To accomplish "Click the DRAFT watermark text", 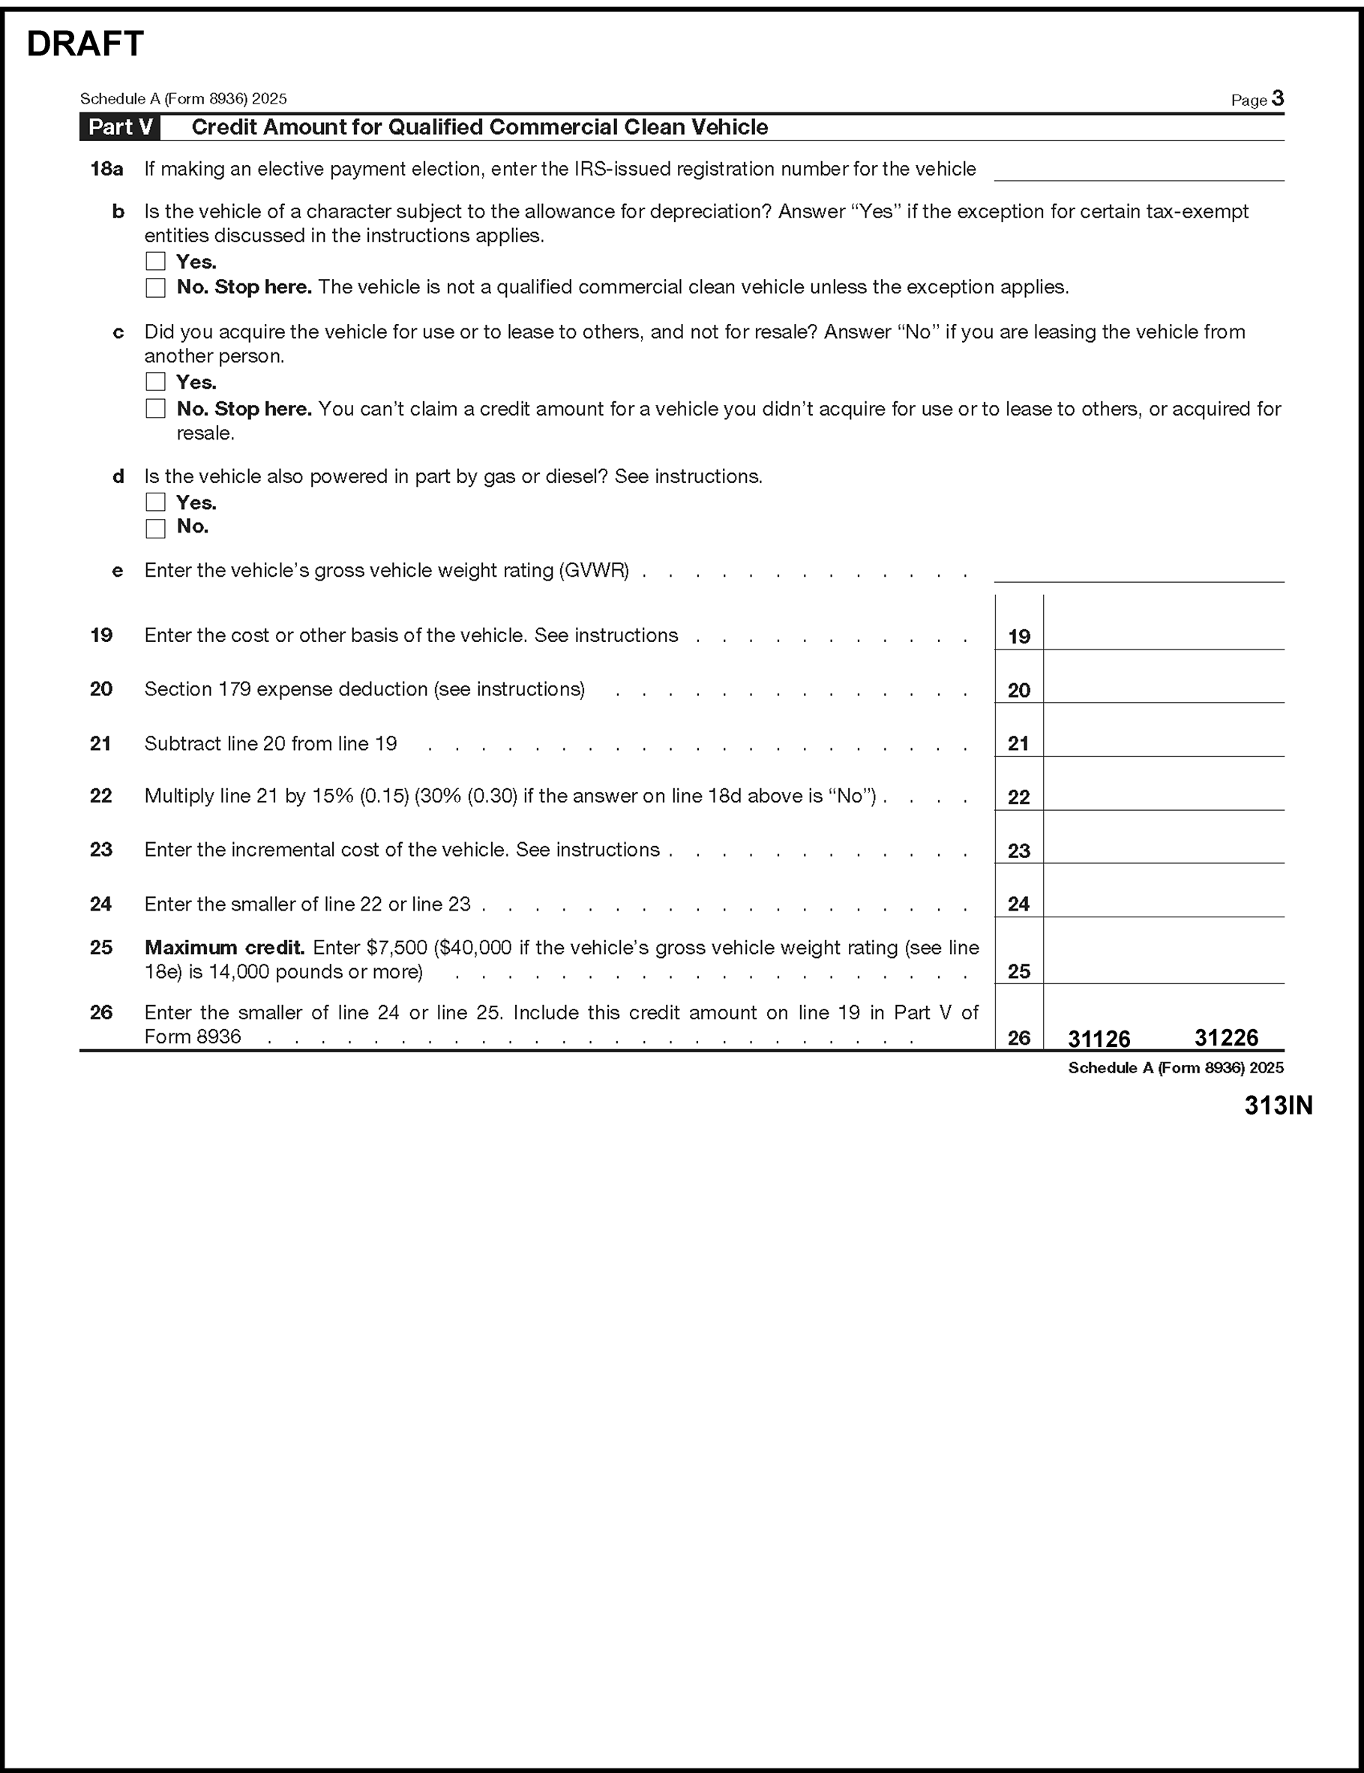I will click(x=85, y=43).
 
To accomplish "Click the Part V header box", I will click(x=120, y=127).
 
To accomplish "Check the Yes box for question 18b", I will click(x=155, y=262).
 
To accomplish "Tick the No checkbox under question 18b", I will click(x=155, y=287).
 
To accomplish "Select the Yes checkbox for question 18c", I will click(x=155, y=382).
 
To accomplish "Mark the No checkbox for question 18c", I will click(x=155, y=408).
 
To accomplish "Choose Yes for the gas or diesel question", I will click(x=155, y=502).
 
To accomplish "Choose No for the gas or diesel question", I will click(x=155, y=528).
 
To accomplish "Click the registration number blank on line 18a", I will click(x=1138, y=169).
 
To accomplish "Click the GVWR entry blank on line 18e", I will click(x=1138, y=570).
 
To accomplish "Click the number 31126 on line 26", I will click(x=1099, y=1038).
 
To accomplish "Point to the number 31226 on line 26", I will click(x=1226, y=1037).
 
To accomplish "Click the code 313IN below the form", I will click(x=1278, y=1105).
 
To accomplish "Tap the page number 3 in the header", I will click(x=1278, y=99).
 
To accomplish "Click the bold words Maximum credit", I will click(x=224, y=947).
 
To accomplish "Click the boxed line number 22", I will click(x=1019, y=797).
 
